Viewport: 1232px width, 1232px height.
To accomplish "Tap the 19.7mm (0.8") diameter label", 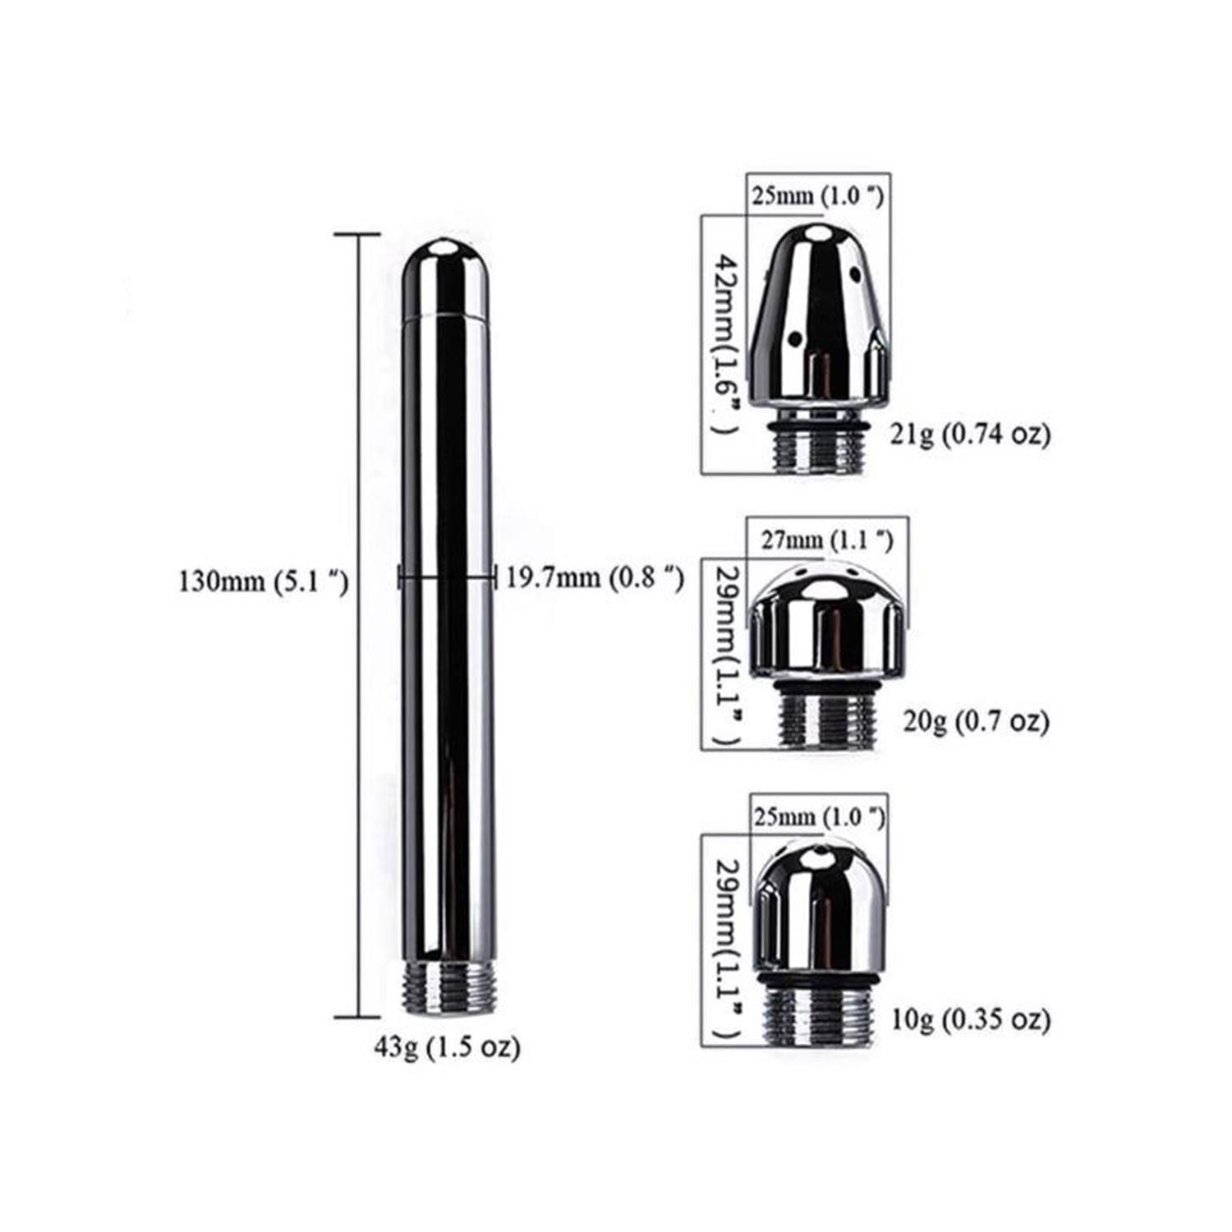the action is click(x=595, y=577).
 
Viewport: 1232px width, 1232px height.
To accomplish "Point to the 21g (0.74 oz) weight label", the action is click(x=971, y=434).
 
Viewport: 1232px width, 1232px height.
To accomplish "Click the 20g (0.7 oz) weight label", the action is click(x=977, y=721).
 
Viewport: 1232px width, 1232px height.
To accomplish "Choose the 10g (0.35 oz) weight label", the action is click(x=971, y=1019).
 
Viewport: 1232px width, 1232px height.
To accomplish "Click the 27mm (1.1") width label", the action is click(x=827, y=540).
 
